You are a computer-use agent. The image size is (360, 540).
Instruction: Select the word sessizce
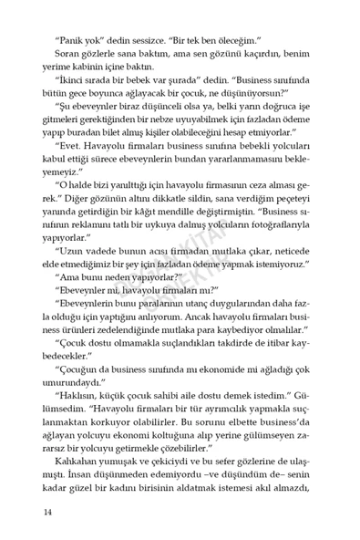click(x=158, y=41)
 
